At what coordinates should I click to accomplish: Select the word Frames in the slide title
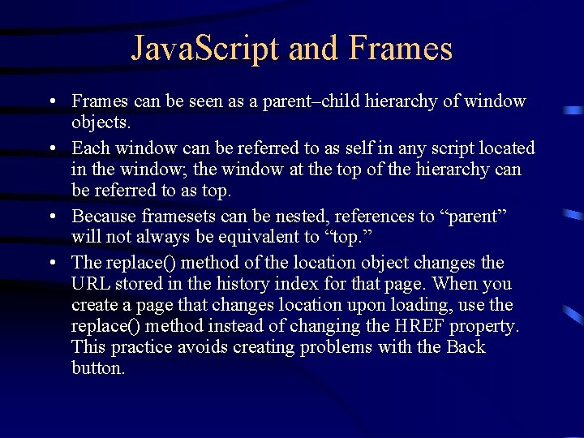401,49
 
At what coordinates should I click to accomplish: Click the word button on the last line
98,368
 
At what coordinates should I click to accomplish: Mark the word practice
143,347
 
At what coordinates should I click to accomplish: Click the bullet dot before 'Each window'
51,148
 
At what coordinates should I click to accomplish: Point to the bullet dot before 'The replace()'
51,263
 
